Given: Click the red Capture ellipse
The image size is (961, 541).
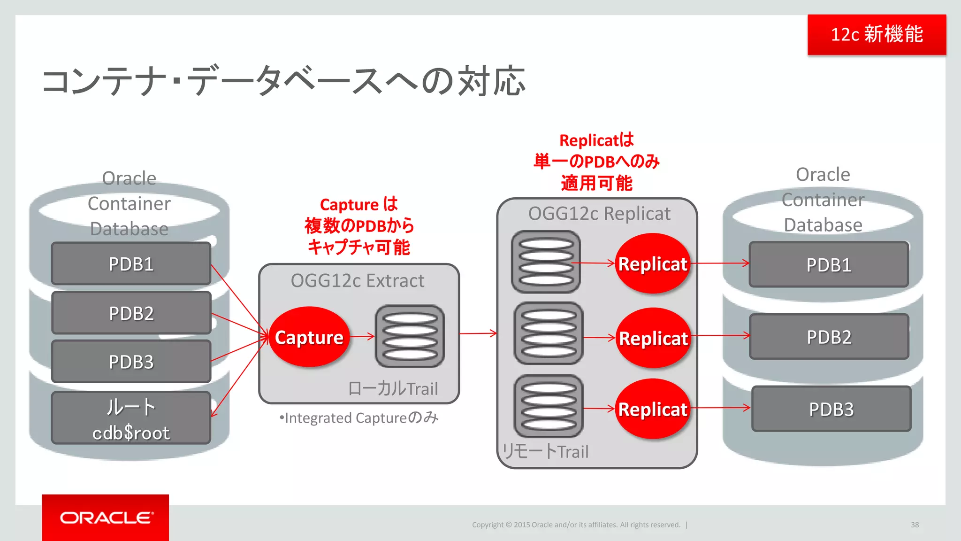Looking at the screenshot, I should [309, 337].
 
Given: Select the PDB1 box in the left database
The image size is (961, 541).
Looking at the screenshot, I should [131, 264].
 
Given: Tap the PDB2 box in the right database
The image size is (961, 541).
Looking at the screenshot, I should [829, 337].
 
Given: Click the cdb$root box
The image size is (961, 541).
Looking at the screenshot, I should [131, 418].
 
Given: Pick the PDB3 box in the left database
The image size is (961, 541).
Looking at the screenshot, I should [131, 362].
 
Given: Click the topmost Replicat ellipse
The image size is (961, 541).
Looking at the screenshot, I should [653, 263].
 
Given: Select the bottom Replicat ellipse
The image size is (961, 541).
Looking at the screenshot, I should [653, 409].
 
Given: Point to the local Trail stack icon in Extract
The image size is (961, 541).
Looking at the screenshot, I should [410, 336].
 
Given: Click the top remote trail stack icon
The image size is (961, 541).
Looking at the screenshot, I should [546, 262].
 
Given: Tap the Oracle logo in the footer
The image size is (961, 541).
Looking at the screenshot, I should [106, 518].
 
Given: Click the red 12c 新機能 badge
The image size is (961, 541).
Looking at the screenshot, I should [877, 35].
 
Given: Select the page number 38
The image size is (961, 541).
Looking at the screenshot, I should [915, 525].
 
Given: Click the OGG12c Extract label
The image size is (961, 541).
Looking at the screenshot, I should [358, 281].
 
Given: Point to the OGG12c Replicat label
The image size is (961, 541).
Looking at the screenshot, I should [599, 214].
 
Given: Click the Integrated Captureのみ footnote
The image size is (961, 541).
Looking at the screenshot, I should [359, 417].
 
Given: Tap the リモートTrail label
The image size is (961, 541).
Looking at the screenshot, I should [545, 451].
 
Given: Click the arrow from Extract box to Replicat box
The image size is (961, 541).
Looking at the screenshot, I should [478, 333].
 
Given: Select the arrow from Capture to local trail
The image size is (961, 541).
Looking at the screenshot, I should [362, 336].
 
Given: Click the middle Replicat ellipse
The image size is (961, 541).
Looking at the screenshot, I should [653, 338].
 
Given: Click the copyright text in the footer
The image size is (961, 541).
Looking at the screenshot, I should [576, 525].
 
